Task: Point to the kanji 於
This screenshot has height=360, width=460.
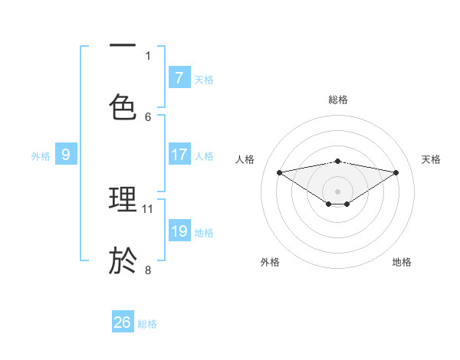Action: pos(123,260)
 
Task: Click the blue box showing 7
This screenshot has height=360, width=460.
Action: pos(179,77)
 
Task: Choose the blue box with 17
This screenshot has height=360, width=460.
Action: pos(179,155)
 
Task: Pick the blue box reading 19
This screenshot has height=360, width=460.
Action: pos(179,231)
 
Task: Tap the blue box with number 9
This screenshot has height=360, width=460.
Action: pos(66,155)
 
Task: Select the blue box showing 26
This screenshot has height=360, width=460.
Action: pos(123,322)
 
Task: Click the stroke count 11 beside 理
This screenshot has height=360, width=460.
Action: pos(148,208)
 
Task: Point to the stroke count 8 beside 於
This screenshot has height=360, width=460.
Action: pos(148,270)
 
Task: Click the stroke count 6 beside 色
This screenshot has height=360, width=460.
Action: pos(148,116)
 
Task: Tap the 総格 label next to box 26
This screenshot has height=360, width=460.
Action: pos(147,324)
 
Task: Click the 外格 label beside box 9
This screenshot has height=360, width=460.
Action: pos(41,156)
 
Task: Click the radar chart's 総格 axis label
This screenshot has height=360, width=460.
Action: pos(338,100)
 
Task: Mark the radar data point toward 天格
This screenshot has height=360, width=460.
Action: pos(396,172)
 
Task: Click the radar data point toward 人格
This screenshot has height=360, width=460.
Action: pos(279,172)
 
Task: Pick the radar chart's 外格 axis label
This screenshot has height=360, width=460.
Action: pos(270,262)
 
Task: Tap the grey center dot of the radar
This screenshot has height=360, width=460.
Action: pos(338,191)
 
